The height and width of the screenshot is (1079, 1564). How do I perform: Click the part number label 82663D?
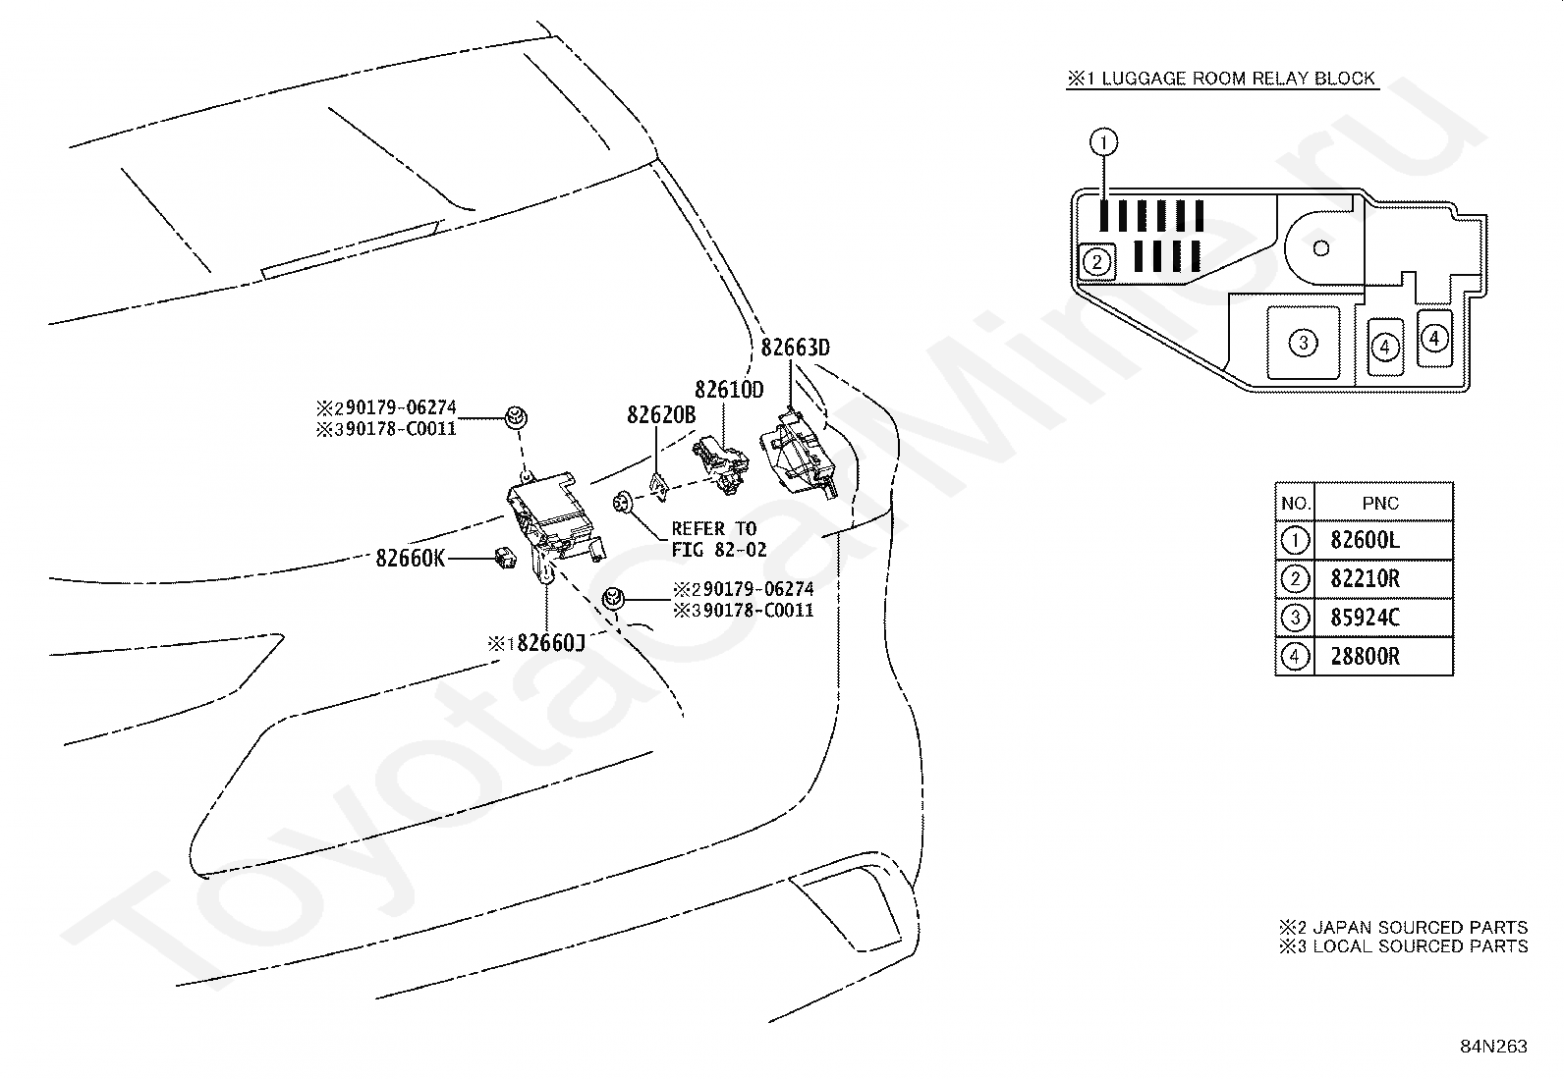796,348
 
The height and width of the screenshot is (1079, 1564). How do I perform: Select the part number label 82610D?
729,390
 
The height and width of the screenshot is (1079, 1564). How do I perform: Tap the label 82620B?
661,415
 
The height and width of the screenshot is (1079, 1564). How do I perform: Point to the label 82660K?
410,559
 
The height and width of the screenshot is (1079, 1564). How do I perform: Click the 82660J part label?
536,643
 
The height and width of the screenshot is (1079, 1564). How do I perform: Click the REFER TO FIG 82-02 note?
718,539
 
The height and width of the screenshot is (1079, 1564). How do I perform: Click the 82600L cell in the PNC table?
1365,540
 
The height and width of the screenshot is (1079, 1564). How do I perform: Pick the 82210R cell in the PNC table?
1365,579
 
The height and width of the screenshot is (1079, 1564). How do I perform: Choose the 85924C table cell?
1365,618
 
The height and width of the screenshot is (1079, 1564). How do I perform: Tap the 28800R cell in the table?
1365,657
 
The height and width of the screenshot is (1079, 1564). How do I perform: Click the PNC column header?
1380,504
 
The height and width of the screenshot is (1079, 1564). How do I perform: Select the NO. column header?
1295,504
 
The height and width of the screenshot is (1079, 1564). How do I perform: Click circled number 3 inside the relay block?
1303,343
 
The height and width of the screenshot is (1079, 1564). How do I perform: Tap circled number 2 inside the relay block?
1097,262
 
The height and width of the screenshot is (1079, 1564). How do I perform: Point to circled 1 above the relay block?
1103,142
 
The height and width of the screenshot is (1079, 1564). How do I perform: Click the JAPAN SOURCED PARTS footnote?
1404,928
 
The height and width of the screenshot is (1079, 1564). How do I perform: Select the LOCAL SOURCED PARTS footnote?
1404,946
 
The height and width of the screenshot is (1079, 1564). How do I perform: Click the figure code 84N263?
1493,1047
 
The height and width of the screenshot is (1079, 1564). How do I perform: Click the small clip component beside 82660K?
505,559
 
